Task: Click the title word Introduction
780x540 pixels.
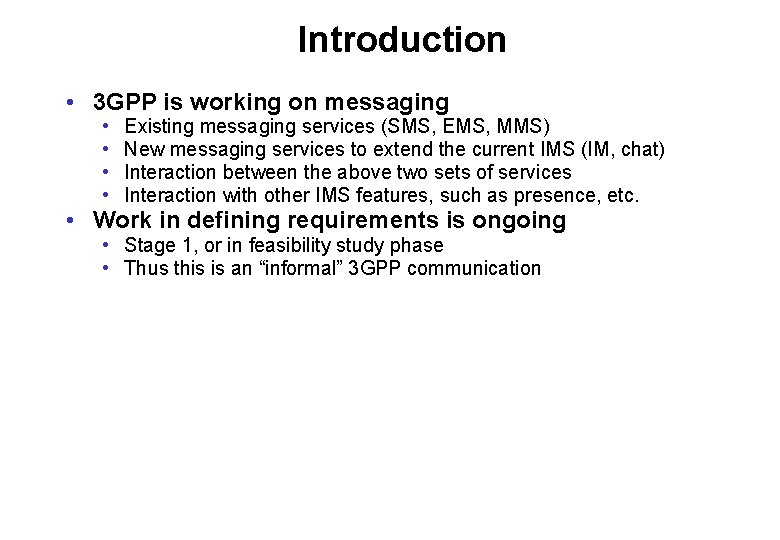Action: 402,40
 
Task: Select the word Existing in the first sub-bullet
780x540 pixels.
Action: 158,126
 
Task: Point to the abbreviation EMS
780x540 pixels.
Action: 458,126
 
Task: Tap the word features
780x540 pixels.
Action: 387,195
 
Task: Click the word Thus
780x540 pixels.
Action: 144,268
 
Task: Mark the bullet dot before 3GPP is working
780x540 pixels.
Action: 66,103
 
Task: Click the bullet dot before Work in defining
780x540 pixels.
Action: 66,221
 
